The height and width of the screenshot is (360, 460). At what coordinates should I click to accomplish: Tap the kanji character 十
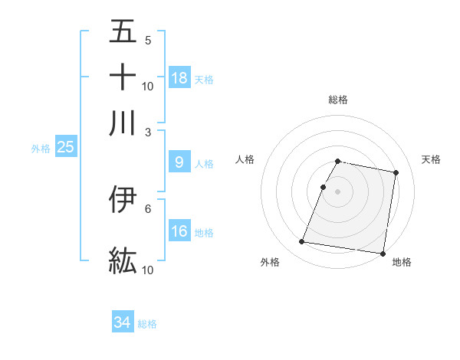click(x=123, y=77)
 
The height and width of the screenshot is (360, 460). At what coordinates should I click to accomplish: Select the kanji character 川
click(x=123, y=123)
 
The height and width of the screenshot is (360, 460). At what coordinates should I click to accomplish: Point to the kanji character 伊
click(x=123, y=199)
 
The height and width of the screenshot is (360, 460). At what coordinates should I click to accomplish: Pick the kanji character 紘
click(x=123, y=260)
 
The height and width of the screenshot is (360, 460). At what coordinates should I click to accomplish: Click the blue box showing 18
click(x=179, y=78)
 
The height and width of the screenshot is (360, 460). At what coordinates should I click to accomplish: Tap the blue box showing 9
click(x=179, y=162)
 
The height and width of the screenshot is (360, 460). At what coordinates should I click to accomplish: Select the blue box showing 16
click(x=179, y=231)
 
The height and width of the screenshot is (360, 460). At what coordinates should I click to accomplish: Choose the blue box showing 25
click(x=65, y=148)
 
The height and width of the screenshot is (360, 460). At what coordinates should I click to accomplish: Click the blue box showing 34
click(x=123, y=323)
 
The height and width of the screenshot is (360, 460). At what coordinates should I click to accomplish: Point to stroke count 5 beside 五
click(x=148, y=40)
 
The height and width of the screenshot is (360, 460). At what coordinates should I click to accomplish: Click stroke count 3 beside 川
click(x=148, y=132)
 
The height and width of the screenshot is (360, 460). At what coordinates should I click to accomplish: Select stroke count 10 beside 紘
click(x=148, y=270)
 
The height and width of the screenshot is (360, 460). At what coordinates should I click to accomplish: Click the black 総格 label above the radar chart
click(x=338, y=100)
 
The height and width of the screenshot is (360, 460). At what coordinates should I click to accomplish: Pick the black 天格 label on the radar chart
click(x=431, y=159)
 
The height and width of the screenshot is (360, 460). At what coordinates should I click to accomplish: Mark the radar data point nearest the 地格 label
click(x=382, y=253)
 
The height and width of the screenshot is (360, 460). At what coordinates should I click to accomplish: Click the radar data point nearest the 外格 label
click(x=302, y=242)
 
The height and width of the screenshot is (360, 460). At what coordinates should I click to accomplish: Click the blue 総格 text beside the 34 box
click(x=147, y=324)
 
